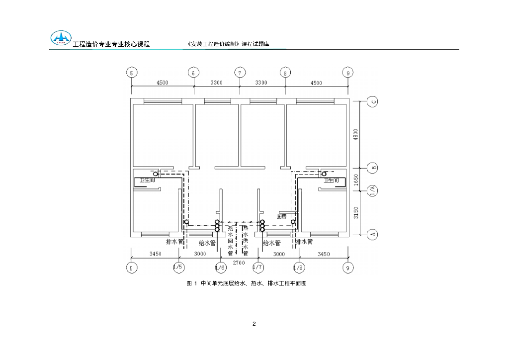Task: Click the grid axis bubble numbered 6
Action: click(193, 73)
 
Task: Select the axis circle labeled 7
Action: click(240, 73)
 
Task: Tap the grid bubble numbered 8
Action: click(285, 73)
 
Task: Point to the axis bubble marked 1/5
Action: click(178, 268)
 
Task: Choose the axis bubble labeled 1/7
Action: click(257, 268)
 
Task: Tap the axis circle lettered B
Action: click(373, 168)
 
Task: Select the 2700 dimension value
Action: click(239, 262)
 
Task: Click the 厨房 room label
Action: click(282, 216)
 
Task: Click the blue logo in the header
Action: click(61, 38)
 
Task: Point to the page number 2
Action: click(254, 324)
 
